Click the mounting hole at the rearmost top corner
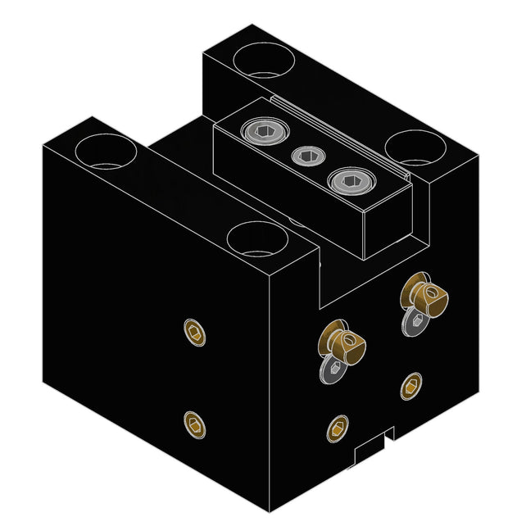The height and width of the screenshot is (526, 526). pos(261,60)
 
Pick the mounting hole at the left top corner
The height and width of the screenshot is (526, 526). pos(104,152)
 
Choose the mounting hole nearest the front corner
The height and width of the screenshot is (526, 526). pos(256,240)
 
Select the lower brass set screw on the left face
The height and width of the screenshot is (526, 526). pos(194,424)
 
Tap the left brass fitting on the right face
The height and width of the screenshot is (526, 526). pos(343,342)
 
